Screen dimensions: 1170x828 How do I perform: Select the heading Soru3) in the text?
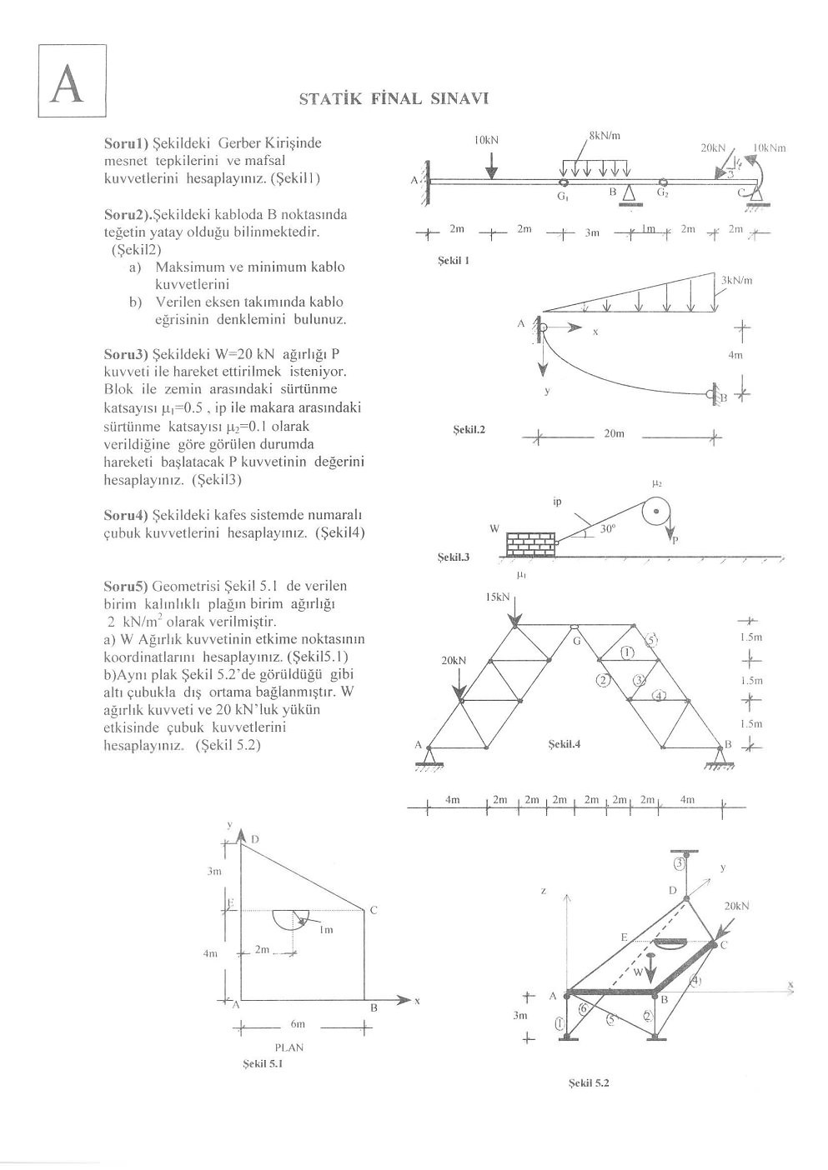coord(126,354)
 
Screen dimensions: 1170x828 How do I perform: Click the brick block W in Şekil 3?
coord(530,544)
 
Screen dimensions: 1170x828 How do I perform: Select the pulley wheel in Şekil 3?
coord(657,511)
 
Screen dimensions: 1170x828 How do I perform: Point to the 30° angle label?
coord(607,528)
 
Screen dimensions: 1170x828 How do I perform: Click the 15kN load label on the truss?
coord(498,597)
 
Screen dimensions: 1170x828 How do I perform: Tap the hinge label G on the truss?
coord(576,640)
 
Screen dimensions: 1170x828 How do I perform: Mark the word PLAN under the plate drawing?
coord(289,1047)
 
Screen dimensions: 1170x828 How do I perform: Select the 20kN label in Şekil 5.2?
coord(737,905)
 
